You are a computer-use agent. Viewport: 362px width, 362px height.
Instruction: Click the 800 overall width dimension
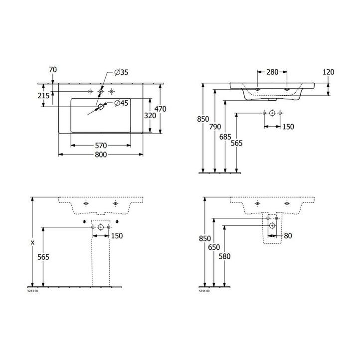click(x=101, y=155)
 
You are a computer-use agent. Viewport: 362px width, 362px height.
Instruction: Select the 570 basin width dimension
click(x=101, y=146)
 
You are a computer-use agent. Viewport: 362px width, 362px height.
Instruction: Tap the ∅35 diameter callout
click(x=121, y=73)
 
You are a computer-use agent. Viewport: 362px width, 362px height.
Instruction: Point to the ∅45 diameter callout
click(x=122, y=103)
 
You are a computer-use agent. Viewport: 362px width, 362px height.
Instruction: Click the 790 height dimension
click(x=215, y=127)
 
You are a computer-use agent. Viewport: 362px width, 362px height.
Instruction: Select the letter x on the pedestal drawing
click(x=32, y=242)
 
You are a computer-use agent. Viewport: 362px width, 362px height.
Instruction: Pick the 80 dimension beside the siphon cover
click(x=289, y=235)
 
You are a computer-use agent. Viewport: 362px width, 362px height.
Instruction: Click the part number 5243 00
click(x=32, y=291)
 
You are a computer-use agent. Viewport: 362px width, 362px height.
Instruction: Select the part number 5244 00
click(x=204, y=291)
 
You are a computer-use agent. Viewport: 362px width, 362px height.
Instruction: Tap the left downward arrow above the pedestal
click(x=84, y=222)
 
